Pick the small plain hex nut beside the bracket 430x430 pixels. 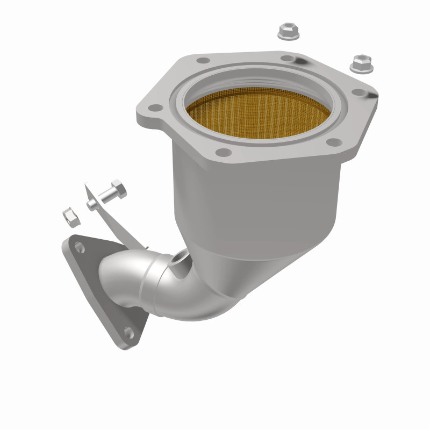tap(71, 217)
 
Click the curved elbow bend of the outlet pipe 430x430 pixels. tap(183, 296)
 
